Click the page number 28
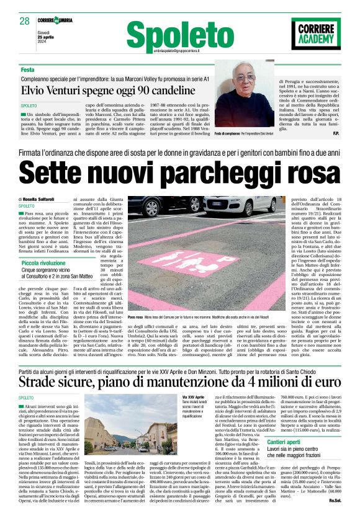pyautogui.click(x=25, y=21)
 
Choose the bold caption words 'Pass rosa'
pyautogui.click(x=136, y=317)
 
